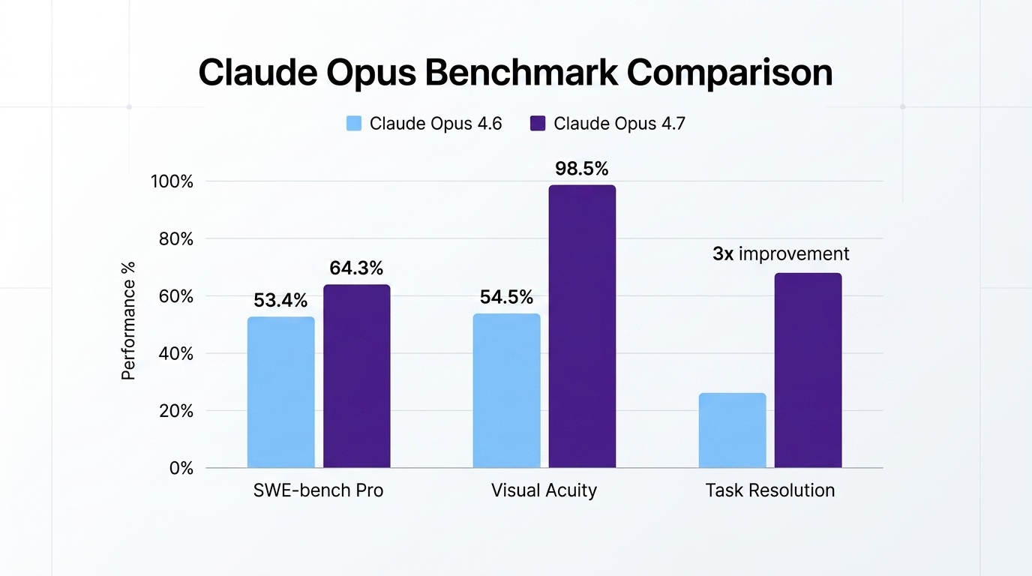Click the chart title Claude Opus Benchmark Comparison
point(515,73)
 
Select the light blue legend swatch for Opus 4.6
point(354,124)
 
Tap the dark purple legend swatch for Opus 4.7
point(538,124)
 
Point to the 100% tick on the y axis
point(172,181)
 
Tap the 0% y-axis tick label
point(180,468)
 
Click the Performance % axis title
point(129,321)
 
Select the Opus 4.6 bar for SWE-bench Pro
point(281,392)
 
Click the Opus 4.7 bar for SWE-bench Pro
point(357,376)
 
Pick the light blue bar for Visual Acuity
point(507,391)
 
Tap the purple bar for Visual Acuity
point(582,327)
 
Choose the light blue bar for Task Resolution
point(733,430)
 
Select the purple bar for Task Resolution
point(808,370)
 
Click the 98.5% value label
point(582,169)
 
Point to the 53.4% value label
point(280,301)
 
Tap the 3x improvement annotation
point(781,254)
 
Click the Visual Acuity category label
point(544,490)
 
